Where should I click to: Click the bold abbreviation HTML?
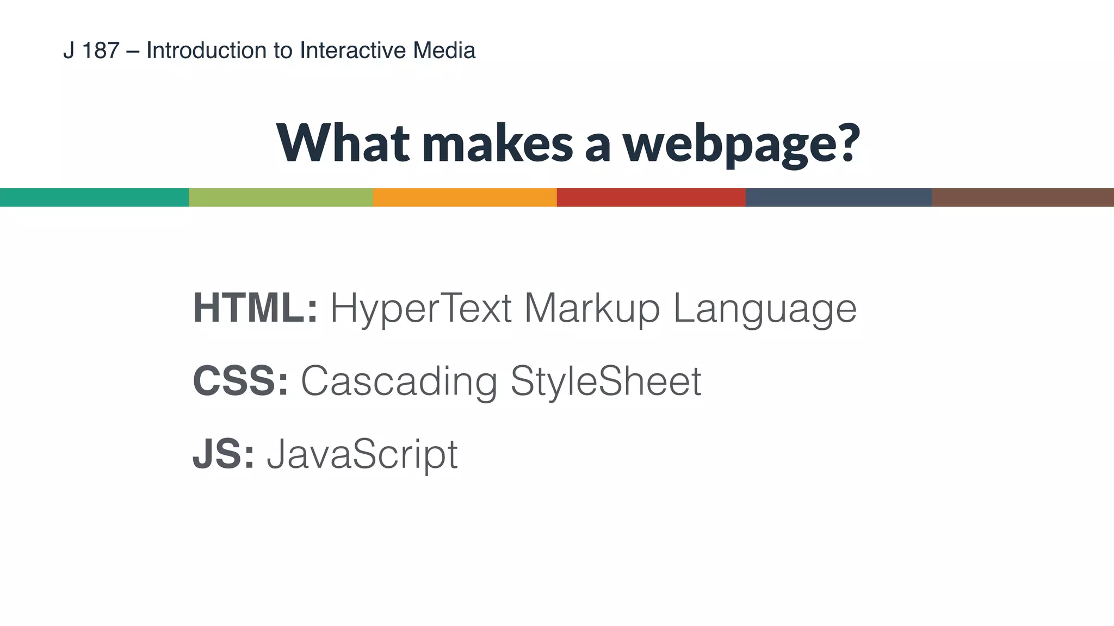click(x=255, y=308)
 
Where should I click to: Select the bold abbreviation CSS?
click(x=240, y=381)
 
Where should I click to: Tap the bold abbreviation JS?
click(x=224, y=454)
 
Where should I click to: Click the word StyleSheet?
click(x=606, y=381)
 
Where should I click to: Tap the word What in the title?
click(x=343, y=143)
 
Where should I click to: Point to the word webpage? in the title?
click(x=741, y=144)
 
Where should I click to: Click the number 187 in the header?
click(x=101, y=51)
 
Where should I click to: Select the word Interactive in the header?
click(x=353, y=51)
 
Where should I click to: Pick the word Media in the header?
click(x=444, y=51)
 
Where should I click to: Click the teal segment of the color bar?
click(x=94, y=197)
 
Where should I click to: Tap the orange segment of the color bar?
click(x=465, y=197)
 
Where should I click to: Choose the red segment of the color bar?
click(x=651, y=197)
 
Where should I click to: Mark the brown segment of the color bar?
click(x=1023, y=197)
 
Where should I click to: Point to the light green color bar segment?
click(x=281, y=197)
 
